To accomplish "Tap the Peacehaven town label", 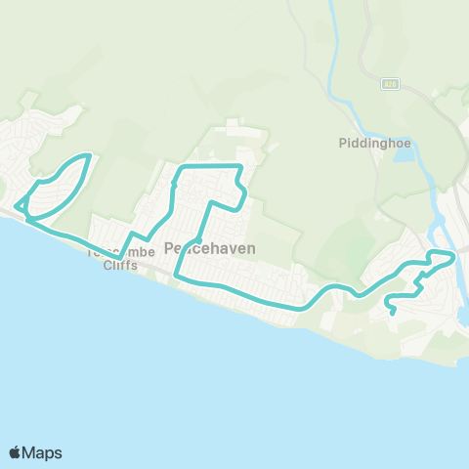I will pos(210,249).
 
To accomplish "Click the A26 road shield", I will pos(389,84).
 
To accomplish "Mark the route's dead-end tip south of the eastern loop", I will pos(393,314).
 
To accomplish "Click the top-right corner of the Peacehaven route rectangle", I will pos(239,167).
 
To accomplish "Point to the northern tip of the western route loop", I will pos(90,155).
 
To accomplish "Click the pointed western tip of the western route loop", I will pos(16,207).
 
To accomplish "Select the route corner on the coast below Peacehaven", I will pos(176,277).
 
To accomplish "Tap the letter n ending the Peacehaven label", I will pos(251,249).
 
